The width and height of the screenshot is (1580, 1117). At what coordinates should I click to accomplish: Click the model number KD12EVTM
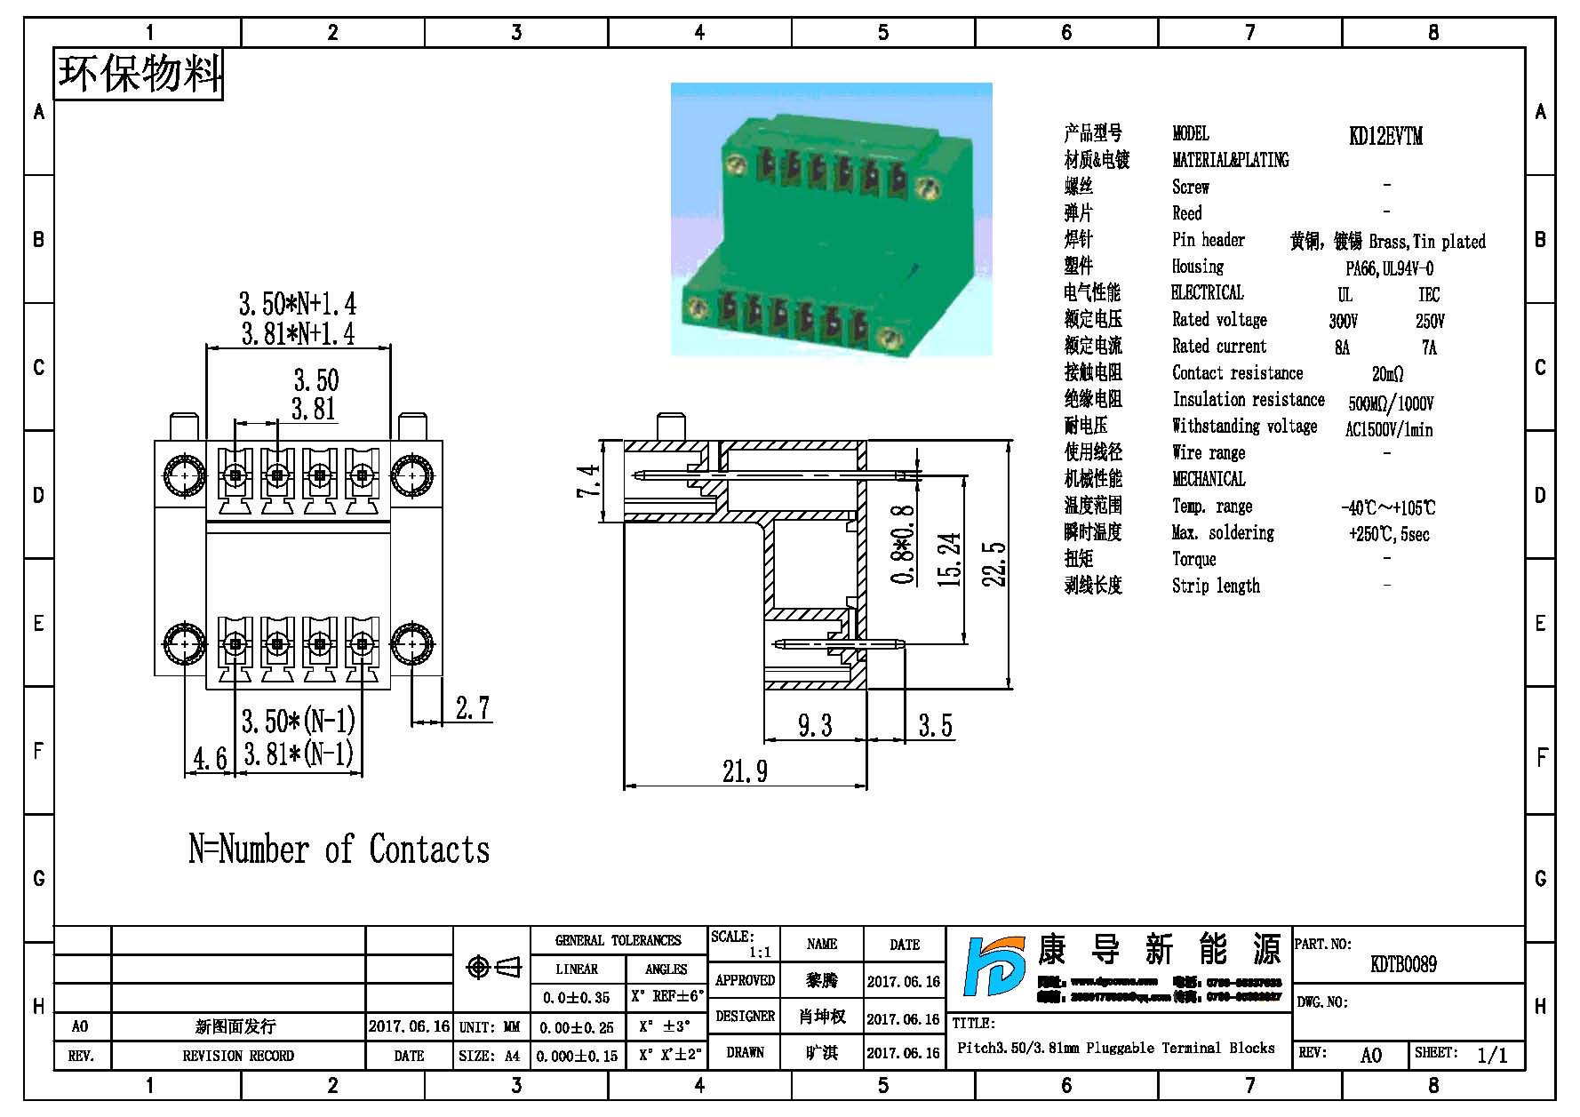tap(1385, 136)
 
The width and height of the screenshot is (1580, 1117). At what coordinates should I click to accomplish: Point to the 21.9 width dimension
tap(745, 771)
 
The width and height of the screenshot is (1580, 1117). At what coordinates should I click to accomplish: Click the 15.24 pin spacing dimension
tap(949, 559)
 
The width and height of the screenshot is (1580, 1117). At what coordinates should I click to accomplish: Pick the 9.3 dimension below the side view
tap(814, 726)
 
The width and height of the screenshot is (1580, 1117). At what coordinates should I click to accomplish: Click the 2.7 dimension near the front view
tap(472, 708)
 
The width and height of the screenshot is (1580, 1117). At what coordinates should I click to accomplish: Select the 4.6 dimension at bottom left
tap(210, 759)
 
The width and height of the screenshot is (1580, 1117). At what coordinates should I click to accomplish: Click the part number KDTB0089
tap(1403, 964)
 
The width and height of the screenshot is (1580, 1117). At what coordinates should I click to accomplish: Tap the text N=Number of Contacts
tap(339, 850)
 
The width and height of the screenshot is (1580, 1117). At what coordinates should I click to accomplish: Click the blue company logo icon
tap(993, 977)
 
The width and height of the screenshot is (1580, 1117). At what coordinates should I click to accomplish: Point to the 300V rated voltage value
tap(1343, 321)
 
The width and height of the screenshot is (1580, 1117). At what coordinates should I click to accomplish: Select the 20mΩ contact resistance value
tap(1387, 374)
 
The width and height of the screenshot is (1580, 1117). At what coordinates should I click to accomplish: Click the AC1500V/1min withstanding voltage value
tap(1388, 430)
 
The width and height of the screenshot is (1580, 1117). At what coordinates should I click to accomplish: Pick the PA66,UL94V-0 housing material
tap(1389, 268)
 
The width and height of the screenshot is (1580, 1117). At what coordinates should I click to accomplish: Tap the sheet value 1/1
tap(1492, 1055)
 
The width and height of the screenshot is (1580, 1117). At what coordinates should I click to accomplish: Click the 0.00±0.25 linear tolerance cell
tap(576, 1027)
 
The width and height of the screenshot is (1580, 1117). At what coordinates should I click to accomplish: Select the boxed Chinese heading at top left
tap(140, 74)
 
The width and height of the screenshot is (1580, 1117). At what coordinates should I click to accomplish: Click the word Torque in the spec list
tap(1193, 559)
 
